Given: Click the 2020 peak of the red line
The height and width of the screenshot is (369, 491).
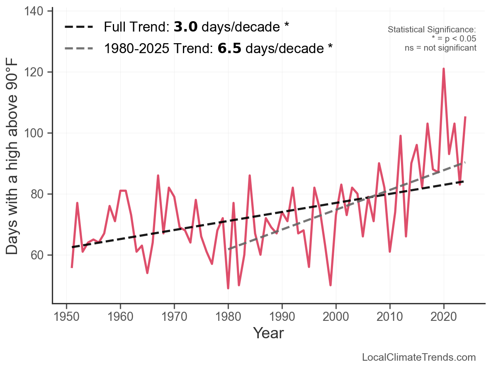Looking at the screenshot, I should coord(444,69).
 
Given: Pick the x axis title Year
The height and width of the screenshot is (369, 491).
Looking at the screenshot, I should coord(268,333).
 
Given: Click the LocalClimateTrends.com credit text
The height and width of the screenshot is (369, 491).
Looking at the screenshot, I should coord(419,357).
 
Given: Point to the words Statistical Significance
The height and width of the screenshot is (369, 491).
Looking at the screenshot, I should coord(432,30).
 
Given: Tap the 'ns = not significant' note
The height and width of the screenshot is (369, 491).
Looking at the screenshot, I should coord(440,48).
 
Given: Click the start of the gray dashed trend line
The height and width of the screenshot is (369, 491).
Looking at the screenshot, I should coord(228,249).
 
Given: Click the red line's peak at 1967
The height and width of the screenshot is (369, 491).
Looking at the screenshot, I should coord(158,176).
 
